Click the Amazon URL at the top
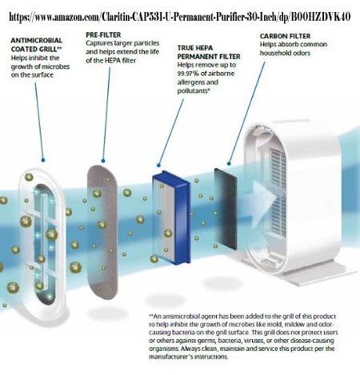[x=180, y=17]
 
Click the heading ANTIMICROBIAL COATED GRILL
[x=37, y=45]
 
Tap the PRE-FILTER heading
[x=103, y=34]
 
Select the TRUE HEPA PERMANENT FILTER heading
[x=209, y=52]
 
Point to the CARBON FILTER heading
[x=285, y=36]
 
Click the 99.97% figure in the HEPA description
[x=188, y=74]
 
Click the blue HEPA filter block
[x=172, y=217]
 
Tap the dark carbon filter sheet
[x=226, y=209]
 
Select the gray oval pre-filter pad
[x=102, y=232]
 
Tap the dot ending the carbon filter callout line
[x=229, y=164]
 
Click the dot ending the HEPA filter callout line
[x=158, y=166]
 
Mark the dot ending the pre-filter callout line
[x=103, y=161]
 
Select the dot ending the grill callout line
[x=43, y=160]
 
